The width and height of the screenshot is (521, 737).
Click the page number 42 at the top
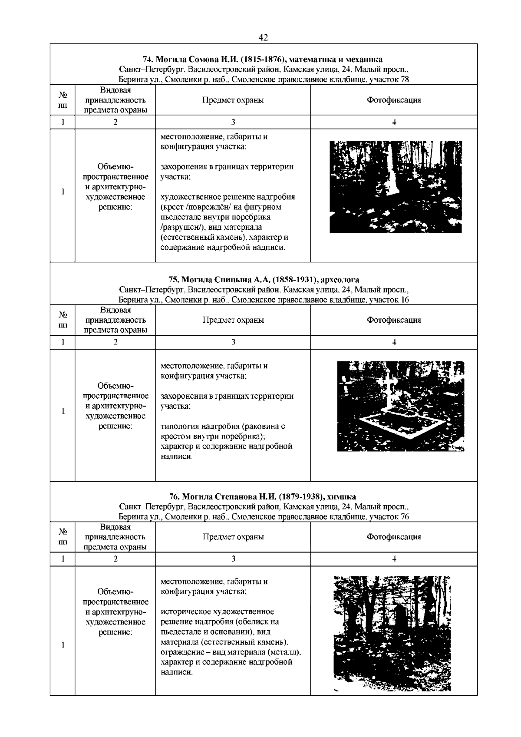(263, 38)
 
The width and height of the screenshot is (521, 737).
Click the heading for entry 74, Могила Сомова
(263, 59)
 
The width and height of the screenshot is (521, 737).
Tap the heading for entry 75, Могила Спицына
(263, 279)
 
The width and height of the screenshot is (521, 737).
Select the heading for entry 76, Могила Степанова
(263, 496)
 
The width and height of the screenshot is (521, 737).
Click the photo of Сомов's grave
(396, 187)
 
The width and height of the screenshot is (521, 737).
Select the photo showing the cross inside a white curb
(400, 406)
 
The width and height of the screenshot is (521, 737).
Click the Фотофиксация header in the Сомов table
(394, 100)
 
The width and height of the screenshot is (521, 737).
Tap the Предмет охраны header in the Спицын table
(233, 320)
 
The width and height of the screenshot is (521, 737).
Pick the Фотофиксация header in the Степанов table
(394, 537)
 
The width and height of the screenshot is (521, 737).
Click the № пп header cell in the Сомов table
(63, 100)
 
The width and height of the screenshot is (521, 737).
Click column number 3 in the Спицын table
(233, 342)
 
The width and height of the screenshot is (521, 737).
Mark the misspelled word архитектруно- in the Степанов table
(115, 612)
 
